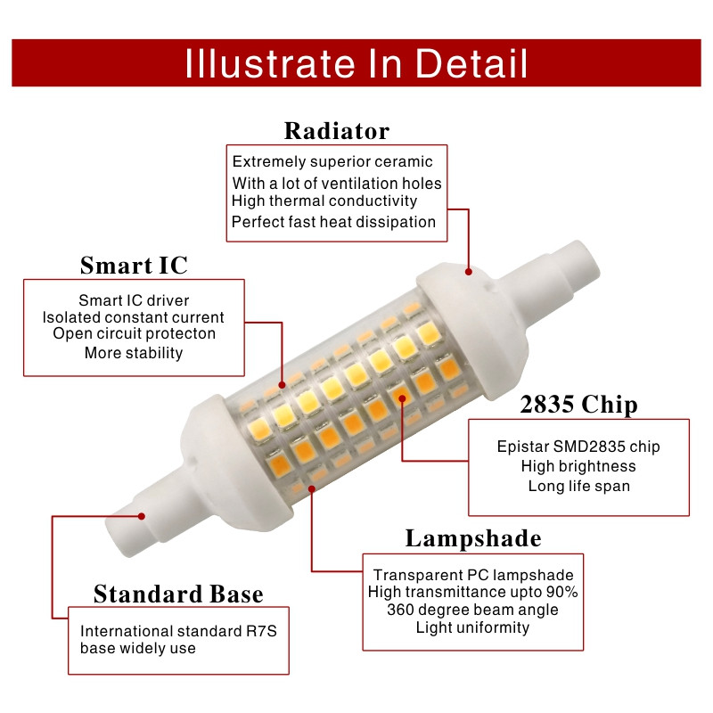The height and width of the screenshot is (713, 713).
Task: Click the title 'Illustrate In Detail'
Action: tap(356, 64)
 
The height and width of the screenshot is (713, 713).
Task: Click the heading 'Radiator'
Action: tap(336, 131)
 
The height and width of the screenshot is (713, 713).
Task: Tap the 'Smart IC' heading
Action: tap(134, 266)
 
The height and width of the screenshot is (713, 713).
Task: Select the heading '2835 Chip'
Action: tap(578, 405)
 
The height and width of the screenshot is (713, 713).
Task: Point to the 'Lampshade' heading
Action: tap(472, 538)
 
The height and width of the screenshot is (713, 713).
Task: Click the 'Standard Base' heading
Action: tap(178, 594)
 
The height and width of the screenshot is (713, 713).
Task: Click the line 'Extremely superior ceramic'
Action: tap(332, 161)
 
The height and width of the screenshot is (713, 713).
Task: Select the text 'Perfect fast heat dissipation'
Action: tap(333, 222)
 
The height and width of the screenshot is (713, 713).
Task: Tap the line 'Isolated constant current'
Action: tap(134, 317)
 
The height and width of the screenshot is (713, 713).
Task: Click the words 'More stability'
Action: tap(134, 353)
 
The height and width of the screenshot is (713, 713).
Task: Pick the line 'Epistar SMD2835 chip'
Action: tap(578, 447)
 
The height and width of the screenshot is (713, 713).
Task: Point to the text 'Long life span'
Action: tap(578, 486)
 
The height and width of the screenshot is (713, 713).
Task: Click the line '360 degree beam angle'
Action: tap(472, 610)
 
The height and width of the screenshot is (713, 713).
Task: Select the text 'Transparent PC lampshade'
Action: tap(472, 575)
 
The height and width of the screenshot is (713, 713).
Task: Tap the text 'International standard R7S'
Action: tap(179, 631)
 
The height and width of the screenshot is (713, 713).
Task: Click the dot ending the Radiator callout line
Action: tap(469, 267)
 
